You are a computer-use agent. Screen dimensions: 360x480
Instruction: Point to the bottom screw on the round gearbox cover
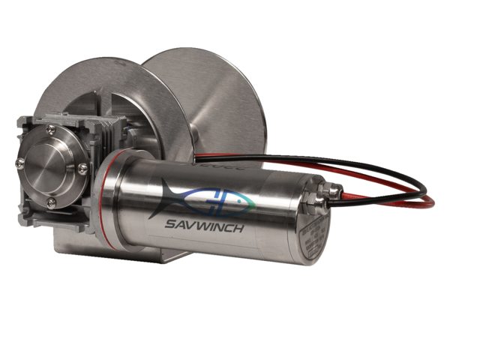[51, 202]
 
